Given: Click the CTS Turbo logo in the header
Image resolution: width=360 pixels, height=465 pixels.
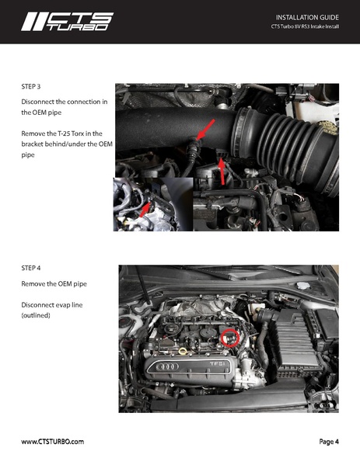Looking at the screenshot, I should pyautogui.click(x=67, y=21).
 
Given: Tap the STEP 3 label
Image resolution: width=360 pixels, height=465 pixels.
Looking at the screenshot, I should pyautogui.click(x=34, y=87).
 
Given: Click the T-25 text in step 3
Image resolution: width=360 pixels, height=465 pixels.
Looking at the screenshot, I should pyautogui.click(x=72, y=134).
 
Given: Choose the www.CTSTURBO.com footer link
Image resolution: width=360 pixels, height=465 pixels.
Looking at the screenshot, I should pyautogui.click(x=53, y=442).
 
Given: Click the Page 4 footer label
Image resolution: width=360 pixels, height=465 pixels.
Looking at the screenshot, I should pyautogui.click(x=328, y=442).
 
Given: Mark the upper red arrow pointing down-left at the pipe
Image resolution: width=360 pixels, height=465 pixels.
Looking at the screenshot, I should pyautogui.click(x=205, y=129).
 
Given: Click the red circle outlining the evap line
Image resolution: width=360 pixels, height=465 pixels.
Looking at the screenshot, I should pyautogui.click(x=230, y=338).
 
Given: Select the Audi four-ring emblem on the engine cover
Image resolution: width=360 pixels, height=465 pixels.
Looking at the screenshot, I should pyautogui.click(x=168, y=365).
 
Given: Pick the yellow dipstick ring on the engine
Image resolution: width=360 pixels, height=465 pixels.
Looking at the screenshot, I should pyautogui.click(x=182, y=351).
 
